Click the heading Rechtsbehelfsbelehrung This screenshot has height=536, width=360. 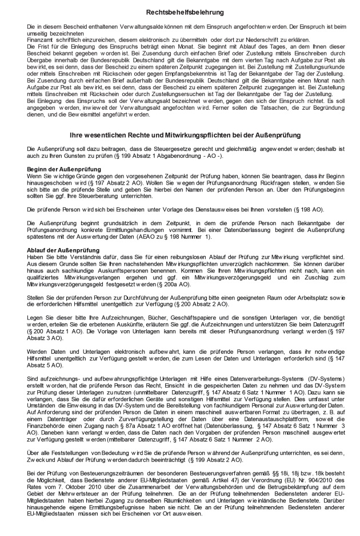[179, 11]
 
